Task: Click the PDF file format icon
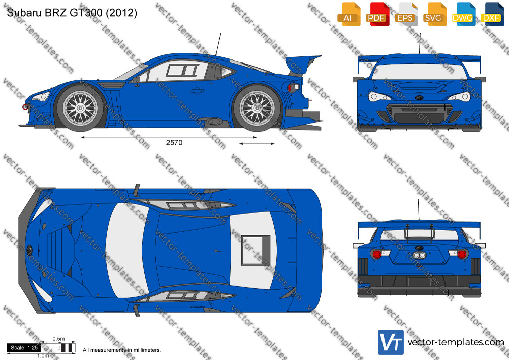tap(377, 14)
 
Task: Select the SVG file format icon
tap(434, 14)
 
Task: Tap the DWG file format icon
tap(463, 14)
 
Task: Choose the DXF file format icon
tap(492, 14)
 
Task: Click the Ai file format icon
tap(349, 14)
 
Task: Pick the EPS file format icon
tap(406, 14)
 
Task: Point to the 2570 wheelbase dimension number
tap(174, 142)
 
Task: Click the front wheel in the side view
tap(80, 108)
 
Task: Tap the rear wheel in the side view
tap(257, 108)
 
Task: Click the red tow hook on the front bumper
tap(25, 107)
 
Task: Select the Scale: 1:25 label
tap(24, 348)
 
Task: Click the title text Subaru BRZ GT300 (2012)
tap(72, 12)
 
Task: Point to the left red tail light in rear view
tap(377, 254)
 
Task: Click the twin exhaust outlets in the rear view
tap(419, 256)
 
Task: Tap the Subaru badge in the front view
tap(419, 97)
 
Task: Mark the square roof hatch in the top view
tap(256, 250)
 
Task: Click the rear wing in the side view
tap(302, 64)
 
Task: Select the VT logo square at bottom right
tap(391, 342)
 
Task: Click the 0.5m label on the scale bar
tap(59, 339)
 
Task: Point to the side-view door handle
tap(196, 91)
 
